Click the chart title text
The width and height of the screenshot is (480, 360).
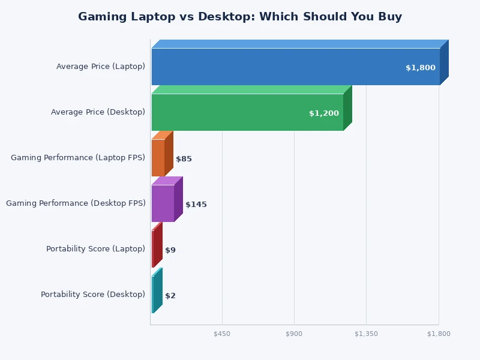point(240,17)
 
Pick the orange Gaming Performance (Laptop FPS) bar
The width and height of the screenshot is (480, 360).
point(158,158)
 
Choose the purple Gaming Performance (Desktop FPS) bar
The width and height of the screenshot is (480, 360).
point(163,203)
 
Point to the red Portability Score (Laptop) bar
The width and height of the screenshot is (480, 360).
point(154,249)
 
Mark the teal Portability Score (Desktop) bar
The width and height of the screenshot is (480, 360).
point(153,295)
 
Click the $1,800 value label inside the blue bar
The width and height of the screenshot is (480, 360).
point(420,68)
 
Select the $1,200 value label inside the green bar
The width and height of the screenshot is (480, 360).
point(323,113)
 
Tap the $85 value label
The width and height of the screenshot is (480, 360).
point(184,159)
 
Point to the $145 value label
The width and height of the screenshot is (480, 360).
point(196,205)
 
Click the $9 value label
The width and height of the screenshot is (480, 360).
point(170,250)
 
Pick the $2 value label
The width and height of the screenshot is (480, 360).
point(170,296)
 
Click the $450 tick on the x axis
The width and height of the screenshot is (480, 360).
point(222,334)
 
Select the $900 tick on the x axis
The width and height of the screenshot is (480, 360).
point(294,334)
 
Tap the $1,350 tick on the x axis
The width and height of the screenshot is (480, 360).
point(366,334)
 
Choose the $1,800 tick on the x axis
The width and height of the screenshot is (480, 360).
point(439,334)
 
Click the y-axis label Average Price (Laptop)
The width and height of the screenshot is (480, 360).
point(101,67)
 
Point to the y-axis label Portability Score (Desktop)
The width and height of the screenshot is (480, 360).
point(93,295)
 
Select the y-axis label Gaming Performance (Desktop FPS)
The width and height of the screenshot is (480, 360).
point(76,203)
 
